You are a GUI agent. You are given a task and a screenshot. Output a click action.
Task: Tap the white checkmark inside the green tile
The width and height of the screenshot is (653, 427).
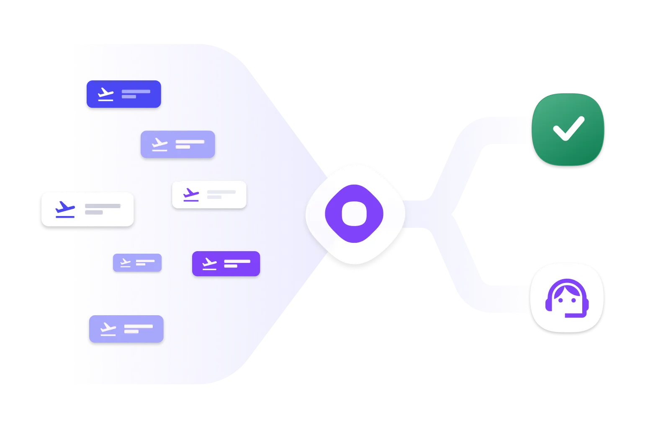[x=568, y=128]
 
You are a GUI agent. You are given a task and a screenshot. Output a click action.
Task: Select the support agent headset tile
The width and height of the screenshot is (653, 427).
[x=567, y=298]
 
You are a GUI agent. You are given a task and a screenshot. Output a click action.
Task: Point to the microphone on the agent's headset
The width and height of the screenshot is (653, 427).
[x=570, y=315]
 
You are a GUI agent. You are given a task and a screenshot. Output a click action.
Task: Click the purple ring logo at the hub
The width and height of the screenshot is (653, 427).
[x=354, y=213]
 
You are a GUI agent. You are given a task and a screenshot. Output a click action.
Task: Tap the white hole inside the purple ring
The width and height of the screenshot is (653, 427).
[x=354, y=213]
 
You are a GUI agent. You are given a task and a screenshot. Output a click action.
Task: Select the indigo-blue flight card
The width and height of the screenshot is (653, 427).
[x=123, y=94]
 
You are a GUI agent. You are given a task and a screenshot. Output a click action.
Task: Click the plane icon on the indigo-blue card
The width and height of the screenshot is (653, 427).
[x=105, y=95]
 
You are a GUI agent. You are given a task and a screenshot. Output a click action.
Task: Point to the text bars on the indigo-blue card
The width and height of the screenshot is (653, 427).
[x=135, y=94]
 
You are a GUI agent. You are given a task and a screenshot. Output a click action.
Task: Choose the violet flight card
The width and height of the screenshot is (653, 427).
[x=226, y=264]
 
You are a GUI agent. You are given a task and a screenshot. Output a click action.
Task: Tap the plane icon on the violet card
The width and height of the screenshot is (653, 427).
[x=209, y=264]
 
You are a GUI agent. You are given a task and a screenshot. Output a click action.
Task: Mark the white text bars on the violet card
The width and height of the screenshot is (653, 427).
[x=237, y=264]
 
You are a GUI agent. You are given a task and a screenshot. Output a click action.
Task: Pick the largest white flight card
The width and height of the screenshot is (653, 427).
[x=87, y=209]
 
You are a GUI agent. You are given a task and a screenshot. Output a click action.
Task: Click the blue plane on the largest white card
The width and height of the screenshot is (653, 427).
[x=65, y=209]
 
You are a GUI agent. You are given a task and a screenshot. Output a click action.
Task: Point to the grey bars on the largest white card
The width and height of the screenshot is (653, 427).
[x=102, y=209]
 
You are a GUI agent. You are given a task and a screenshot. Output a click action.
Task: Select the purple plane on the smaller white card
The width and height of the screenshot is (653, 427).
[x=191, y=195]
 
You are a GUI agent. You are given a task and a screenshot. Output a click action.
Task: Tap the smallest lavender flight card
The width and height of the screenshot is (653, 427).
[x=137, y=263]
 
